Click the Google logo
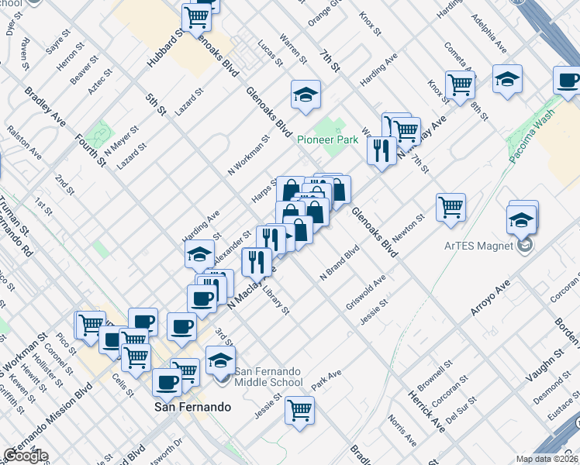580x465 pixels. [25, 456]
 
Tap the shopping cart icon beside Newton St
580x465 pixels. [451, 207]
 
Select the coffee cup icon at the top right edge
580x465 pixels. [568, 80]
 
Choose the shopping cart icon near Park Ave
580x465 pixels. [299, 410]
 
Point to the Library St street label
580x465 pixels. [275, 300]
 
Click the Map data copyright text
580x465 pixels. [547, 459]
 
